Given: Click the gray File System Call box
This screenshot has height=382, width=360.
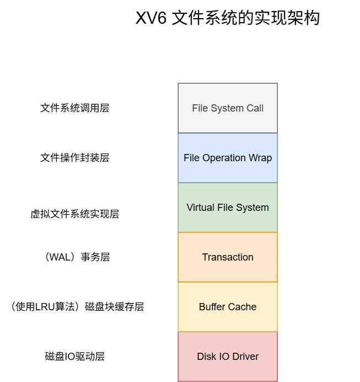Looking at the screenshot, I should pyautogui.click(x=228, y=108).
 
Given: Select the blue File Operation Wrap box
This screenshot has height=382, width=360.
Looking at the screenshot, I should pyautogui.click(x=228, y=158).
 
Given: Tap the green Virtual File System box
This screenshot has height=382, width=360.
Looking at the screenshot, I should pyautogui.click(x=228, y=208).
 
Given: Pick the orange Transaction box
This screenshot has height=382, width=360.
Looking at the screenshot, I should pyautogui.click(x=228, y=257).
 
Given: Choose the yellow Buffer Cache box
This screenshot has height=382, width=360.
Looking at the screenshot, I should pyautogui.click(x=228, y=307).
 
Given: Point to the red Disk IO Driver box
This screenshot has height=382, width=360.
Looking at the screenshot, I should pyautogui.click(x=228, y=357).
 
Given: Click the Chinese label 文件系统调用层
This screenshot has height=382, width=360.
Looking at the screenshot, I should pyautogui.click(x=75, y=108).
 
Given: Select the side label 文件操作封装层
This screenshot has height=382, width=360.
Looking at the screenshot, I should pyautogui.click(x=75, y=158).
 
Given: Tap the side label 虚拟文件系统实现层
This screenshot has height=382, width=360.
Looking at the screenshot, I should pyautogui.click(x=75, y=214).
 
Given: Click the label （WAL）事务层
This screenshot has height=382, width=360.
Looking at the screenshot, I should pyautogui.click(x=75, y=257).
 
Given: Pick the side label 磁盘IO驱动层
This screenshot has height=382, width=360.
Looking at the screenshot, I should pyautogui.click(x=75, y=357).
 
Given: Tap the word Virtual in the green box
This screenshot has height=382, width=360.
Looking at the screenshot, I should pyautogui.click(x=200, y=208).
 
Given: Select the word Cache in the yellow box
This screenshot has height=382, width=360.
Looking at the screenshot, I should pyautogui.click(x=243, y=307).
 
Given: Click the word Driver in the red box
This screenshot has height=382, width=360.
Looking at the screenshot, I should pyautogui.click(x=245, y=357).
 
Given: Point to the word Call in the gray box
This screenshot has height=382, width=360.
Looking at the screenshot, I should pyautogui.click(x=255, y=108).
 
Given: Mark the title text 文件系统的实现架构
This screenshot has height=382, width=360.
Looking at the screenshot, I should pyautogui.click(x=246, y=18).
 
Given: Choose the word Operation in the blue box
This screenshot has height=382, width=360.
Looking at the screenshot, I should pyautogui.click(x=224, y=158).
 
